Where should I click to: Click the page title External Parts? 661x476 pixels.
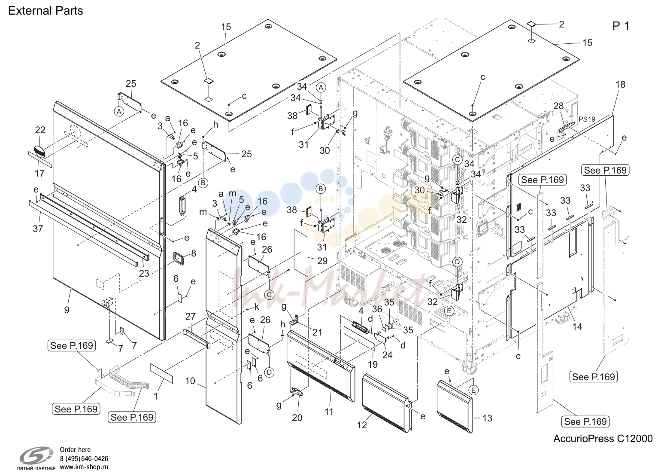[x=45, y=11]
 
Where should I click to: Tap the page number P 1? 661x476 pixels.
[x=621, y=26]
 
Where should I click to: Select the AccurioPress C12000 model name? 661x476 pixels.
[x=603, y=439]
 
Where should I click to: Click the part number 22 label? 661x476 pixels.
[x=40, y=130]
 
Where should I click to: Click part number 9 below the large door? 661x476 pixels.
[x=67, y=309]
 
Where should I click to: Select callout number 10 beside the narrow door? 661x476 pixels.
[x=190, y=381]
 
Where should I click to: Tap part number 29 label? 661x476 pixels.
[x=322, y=261]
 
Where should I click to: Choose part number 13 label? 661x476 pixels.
[x=487, y=418]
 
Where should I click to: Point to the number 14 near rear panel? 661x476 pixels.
[x=577, y=326]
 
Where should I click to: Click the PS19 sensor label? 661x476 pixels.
[x=587, y=119]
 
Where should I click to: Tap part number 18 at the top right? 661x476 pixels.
[x=620, y=85]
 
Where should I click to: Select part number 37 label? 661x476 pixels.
[x=38, y=229]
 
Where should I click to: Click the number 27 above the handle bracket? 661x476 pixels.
[x=191, y=316]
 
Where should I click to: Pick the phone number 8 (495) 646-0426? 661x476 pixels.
[x=84, y=459]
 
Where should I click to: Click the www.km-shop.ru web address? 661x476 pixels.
[x=84, y=467]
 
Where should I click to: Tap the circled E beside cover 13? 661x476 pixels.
[x=473, y=391]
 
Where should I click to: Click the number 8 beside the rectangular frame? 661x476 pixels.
[x=194, y=253]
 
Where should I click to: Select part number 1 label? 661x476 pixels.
[x=156, y=396]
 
